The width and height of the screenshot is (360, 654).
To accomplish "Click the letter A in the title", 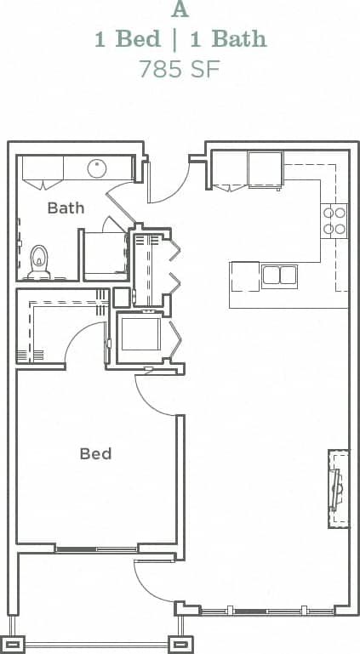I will tap(180, 10).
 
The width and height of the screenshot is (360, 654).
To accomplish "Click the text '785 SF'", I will tap(180, 69).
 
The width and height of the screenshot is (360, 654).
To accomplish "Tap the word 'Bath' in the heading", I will tap(239, 39).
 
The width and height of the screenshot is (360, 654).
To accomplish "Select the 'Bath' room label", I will tap(66, 208).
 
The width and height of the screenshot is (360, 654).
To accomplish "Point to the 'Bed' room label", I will tap(95, 453).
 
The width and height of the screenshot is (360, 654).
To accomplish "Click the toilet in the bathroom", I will tap(39, 260).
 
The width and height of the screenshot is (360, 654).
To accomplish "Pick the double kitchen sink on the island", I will tap(279, 276).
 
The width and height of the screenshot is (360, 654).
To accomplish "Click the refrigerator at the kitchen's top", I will tap(265, 168).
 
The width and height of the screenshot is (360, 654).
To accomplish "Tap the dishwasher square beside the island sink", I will tap(244, 276).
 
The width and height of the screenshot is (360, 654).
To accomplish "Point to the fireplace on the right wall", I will tap(338, 487).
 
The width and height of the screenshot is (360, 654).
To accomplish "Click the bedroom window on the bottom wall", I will tap(96, 549).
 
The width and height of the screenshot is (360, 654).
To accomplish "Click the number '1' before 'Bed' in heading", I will tap(100, 39).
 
